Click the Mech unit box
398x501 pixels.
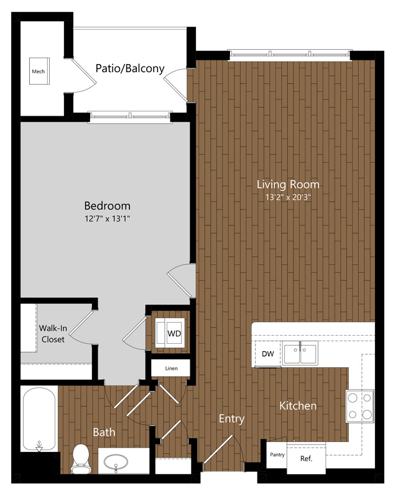[39, 71]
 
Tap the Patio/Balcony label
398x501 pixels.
[130, 68]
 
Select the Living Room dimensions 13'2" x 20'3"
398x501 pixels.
[288, 197]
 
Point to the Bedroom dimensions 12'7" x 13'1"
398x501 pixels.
[107, 219]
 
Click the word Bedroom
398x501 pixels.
[107, 206]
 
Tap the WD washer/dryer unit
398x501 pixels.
[170, 333]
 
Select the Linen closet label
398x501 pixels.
[172, 369]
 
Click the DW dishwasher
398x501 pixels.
[268, 354]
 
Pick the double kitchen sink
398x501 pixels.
[300, 353]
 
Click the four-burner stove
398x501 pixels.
[360, 406]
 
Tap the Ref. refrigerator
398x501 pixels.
[306, 459]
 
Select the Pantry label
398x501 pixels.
[277, 454]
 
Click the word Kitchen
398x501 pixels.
[298, 406]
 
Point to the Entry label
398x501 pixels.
[231, 419]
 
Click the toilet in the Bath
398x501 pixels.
[81, 459]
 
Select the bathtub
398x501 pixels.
[39, 419]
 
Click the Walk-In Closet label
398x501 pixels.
[53, 334]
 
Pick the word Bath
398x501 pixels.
[104, 432]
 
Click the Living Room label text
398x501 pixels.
[288, 185]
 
